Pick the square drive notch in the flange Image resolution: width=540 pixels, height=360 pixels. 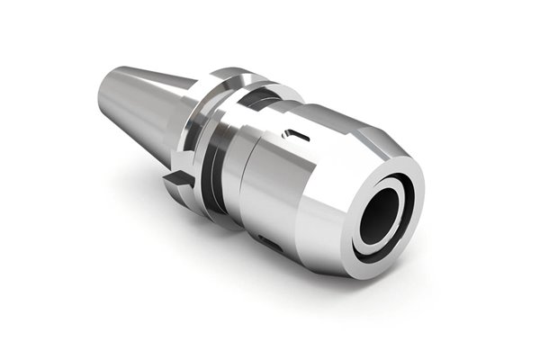click(x=179, y=182)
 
